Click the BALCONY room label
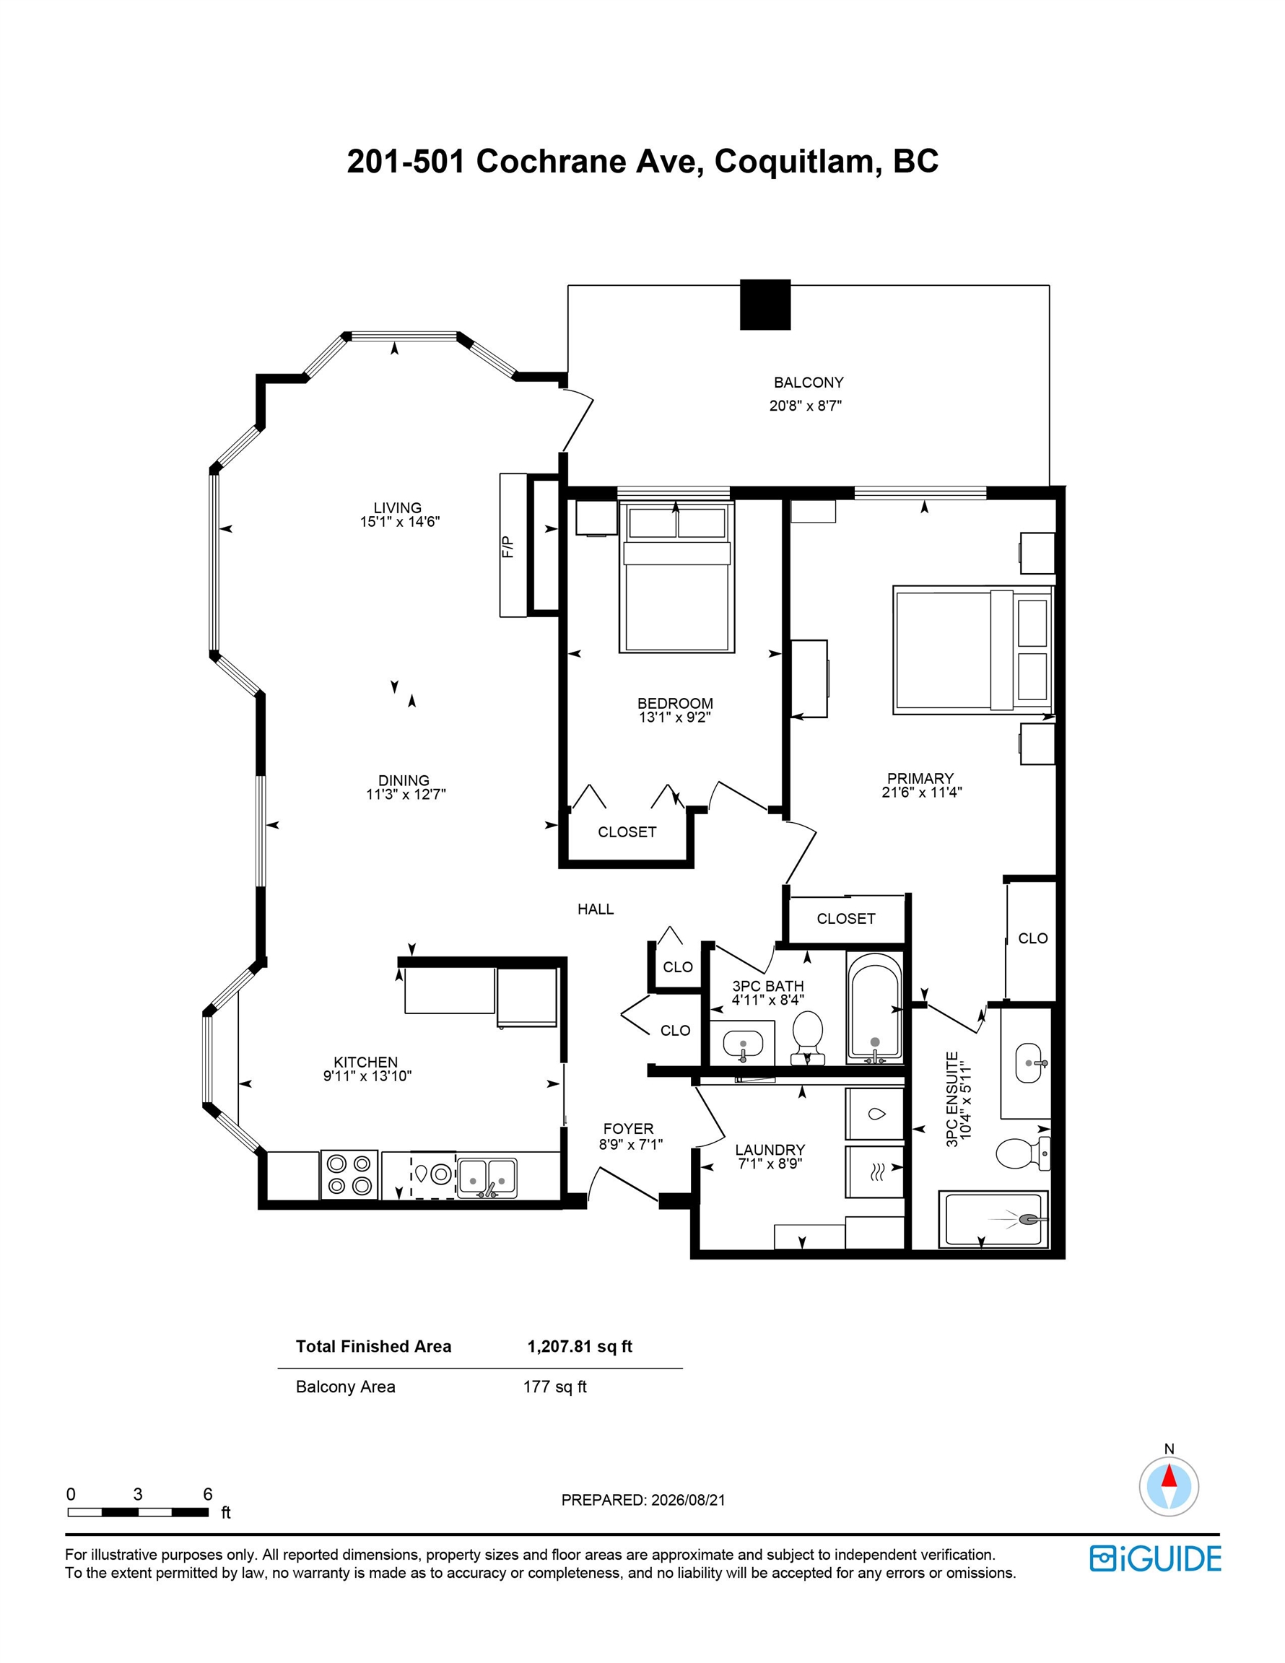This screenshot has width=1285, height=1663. point(808,383)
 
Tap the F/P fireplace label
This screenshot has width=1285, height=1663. point(508,546)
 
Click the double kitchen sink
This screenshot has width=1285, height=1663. point(487,1177)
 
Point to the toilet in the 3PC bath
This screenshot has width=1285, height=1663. point(807,1036)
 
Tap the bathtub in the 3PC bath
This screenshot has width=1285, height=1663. point(874,1009)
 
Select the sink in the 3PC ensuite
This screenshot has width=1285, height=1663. point(1032,1061)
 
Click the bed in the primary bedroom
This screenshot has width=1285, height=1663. point(972,650)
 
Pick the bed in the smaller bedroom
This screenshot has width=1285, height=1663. point(676,577)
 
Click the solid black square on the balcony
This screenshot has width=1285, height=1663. point(765,305)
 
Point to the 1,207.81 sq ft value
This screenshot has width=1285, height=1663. point(580,1346)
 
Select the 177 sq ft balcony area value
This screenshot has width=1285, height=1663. point(554,1387)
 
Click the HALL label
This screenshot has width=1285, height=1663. point(595,909)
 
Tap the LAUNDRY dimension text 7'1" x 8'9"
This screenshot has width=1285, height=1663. point(770,1164)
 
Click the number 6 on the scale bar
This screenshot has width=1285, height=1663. point(208,1494)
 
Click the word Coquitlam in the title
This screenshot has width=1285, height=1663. point(794,162)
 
